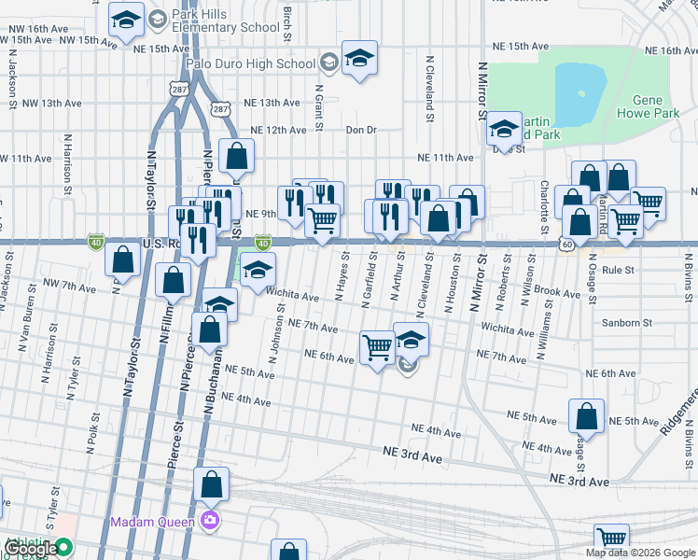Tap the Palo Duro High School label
click(x=250, y=63)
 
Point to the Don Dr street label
click(x=360, y=130)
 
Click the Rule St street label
click(x=618, y=270)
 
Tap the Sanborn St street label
click(x=626, y=323)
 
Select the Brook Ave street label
click(x=558, y=292)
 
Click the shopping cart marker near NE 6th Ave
click(x=377, y=348)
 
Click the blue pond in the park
click(x=579, y=94)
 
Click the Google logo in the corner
click(x=31, y=549)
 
